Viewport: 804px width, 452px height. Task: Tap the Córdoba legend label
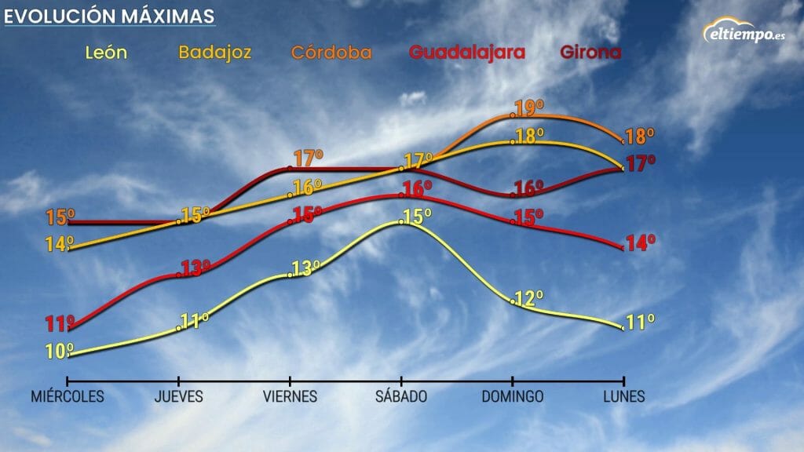331,53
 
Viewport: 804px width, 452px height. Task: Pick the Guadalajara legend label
466,53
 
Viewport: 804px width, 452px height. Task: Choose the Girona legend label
590,53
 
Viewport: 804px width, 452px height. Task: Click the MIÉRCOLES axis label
68,397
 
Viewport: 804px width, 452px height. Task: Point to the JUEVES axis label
179,397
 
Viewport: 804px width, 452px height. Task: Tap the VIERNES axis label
291,397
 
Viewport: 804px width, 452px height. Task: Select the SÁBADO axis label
401,397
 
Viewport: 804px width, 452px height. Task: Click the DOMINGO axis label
513,397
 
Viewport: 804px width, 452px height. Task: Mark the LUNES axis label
624,397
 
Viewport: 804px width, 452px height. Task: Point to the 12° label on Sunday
529,299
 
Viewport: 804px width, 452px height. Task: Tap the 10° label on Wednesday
60,352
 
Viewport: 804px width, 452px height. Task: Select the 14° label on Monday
641,243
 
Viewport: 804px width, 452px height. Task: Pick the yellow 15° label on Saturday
417,217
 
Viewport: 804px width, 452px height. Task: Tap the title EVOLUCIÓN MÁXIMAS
108,16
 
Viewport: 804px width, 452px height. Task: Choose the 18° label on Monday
640,136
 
